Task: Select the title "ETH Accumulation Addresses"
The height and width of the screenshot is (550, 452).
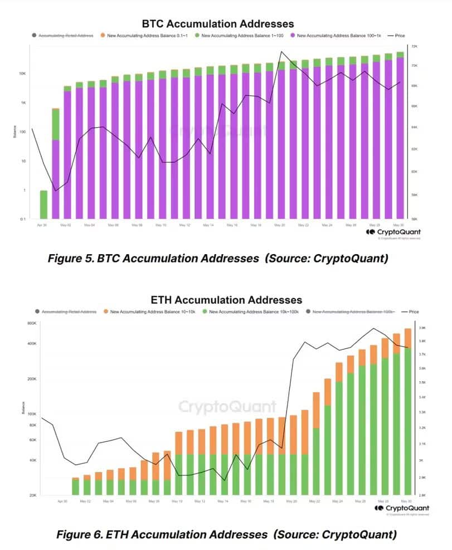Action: pyautogui.click(x=226, y=300)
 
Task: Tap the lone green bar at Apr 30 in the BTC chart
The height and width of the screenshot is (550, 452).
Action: pyautogui.click(x=43, y=205)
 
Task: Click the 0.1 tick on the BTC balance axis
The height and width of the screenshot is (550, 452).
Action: pyautogui.click(x=22, y=219)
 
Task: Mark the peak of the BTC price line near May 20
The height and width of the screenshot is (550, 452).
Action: pyautogui.click(x=281, y=52)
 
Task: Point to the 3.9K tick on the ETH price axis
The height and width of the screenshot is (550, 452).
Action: pyautogui.click(x=422, y=328)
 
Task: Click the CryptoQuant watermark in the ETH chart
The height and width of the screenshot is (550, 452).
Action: pyautogui.click(x=227, y=407)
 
